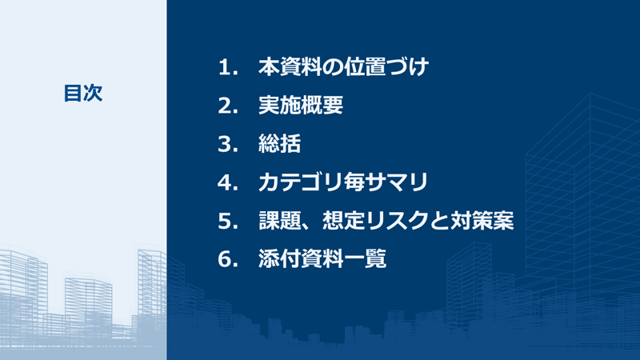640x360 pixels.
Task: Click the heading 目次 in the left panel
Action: tap(83, 93)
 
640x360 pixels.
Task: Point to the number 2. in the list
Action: tap(229, 106)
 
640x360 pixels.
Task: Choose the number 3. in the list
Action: tap(229, 144)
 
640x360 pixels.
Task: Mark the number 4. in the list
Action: tap(229, 182)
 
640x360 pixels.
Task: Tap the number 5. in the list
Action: tap(229, 221)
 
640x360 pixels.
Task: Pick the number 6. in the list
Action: tap(229, 259)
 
